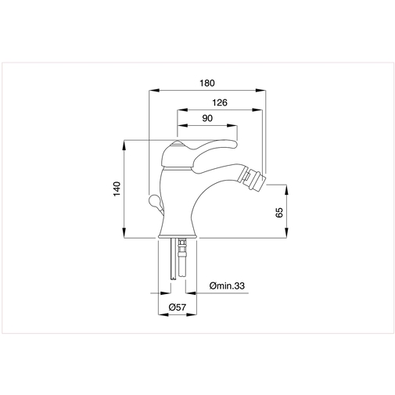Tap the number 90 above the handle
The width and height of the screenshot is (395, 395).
[207, 117]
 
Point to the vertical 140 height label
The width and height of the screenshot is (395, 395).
[116, 189]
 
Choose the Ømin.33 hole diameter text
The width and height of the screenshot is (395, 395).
[228, 287]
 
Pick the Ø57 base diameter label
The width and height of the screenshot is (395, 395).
[178, 308]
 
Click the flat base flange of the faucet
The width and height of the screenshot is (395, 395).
[178, 236]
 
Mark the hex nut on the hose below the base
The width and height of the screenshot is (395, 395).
[184, 250]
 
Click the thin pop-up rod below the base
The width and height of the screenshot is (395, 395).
[171, 262]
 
